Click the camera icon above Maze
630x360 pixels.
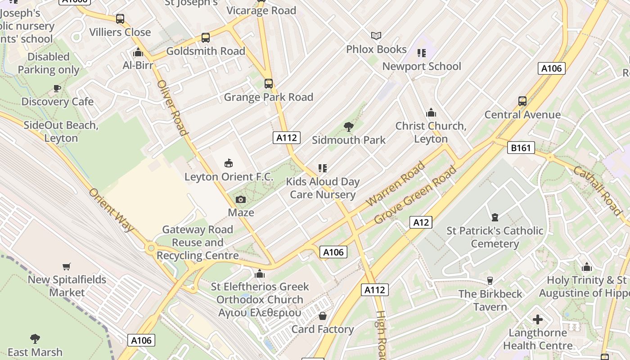(241, 199)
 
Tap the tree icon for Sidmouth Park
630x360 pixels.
(348, 127)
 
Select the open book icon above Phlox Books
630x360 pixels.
(376, 36)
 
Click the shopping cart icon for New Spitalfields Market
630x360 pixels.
(67, 266)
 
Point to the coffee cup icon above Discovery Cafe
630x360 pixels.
(57, 88)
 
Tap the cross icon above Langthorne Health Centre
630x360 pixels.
(537, 320)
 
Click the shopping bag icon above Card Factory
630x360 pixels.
(322, 316)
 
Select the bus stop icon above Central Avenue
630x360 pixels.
(522, 101)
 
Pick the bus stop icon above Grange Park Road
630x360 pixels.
(269, 84)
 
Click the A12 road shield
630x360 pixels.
(421, 222)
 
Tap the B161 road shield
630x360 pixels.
(521, 148)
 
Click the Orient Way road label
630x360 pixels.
(111, 210)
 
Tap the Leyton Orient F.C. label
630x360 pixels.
(229, 177)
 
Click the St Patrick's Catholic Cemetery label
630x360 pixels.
(495, 237)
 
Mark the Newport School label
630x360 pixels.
(422, 67)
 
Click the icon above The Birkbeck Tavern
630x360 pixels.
(490, 281)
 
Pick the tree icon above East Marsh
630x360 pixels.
(35, 339)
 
